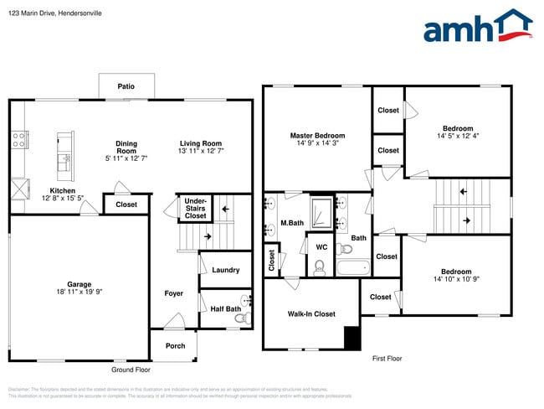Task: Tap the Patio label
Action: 126,86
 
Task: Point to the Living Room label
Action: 200,142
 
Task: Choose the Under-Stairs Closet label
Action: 195,209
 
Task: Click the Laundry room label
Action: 225,270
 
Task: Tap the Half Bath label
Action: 225,308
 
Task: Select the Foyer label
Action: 173,293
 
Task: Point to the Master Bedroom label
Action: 317,135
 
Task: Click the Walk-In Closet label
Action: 311,313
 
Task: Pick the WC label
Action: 321,247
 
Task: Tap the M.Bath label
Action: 291,222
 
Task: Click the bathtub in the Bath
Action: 352,268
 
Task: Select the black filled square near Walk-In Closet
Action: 352,339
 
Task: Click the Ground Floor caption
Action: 131,370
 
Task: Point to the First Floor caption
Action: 387,358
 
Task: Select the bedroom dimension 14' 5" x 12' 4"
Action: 458,136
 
